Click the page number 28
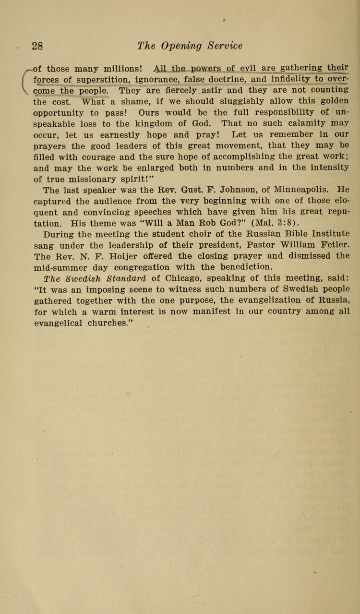point(38,46)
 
